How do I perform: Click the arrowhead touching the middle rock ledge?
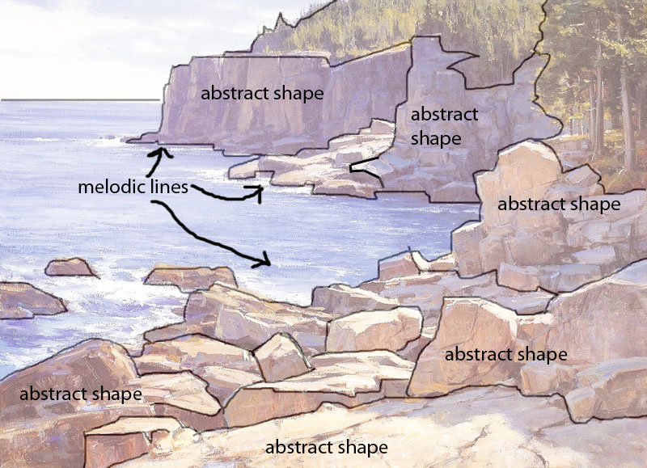click(x=259, y=191)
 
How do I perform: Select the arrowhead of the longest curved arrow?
click(x=265, y=260)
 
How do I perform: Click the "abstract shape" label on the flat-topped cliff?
click(x=262, y=93)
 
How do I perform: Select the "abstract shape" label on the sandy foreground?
click(x=326, y=447)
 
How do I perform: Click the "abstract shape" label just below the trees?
click(x=558, y=204)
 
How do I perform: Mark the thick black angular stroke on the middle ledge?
click(x=364, y=171)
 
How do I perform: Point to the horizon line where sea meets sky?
click(x=81, y=100)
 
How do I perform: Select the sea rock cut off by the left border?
click(x=24, y=300)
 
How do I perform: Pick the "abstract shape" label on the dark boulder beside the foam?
click(x=80, y=394)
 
